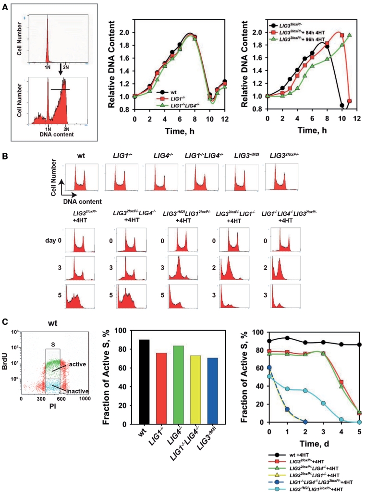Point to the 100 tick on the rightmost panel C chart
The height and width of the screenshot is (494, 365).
click(258, 332)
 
